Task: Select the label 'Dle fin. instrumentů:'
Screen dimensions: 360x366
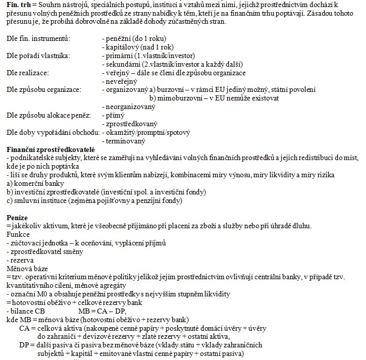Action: click(38, 39)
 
